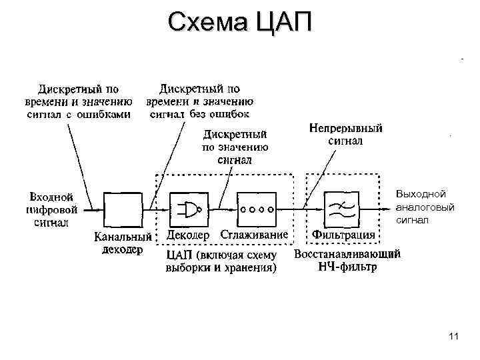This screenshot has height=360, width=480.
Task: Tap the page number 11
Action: tap(454, 336)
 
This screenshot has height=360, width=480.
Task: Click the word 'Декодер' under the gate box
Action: tap(187, 235)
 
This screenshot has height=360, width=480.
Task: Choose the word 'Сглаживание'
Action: tap(255, 235)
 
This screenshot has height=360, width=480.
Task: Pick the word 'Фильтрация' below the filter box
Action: tap(343, 235)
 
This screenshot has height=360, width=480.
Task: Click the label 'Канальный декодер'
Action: tap(123, 243)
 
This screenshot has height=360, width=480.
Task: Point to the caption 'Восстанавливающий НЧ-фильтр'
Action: tap(347, 261)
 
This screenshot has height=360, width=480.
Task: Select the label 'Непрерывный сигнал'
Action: tap(345, 135)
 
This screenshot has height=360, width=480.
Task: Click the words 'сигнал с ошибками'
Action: tap(79, 114)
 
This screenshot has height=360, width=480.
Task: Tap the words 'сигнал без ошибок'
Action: tap(199, 114)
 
